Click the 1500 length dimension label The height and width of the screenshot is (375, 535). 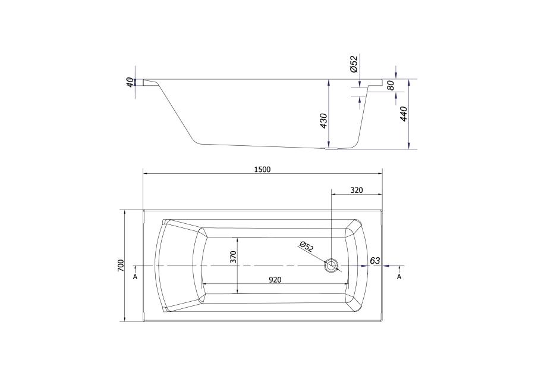pos(262,170)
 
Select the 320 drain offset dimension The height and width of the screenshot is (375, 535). pos(357,190)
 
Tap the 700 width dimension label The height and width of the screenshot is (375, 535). pos(121,265)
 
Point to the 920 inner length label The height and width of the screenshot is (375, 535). pos(275,280)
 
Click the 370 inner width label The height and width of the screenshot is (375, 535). pos(234,257)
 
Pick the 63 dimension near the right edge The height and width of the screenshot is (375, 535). pos(375,261)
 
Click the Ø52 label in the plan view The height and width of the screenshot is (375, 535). pos(306,246)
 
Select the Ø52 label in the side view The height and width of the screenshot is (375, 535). pos(354,64)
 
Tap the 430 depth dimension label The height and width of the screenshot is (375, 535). pos(323,121)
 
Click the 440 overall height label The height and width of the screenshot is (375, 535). pos(404,114)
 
